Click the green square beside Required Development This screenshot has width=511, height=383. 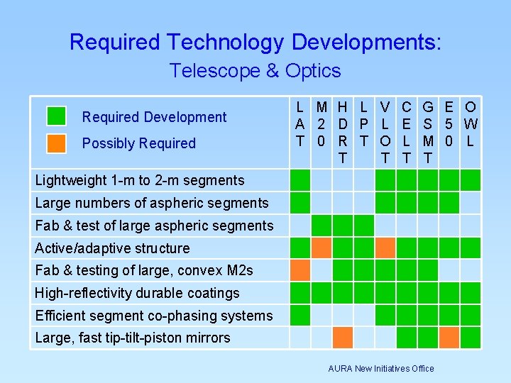tap(56, 116)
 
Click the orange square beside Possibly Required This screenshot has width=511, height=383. tap(56, 143)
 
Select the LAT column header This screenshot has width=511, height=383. tap(300, 124)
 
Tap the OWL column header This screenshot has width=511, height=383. tap(470, 124)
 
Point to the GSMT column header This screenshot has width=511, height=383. tap(428, 132)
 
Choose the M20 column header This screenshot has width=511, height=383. tap(322, 124)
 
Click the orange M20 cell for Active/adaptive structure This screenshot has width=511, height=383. tap(322, 248)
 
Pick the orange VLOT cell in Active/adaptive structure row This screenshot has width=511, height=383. tap(385, 248)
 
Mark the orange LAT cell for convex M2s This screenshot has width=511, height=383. tap(300, 270)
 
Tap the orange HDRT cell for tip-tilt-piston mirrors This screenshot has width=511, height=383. tap(343, 338)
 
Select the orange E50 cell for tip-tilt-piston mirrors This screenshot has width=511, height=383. tap(449, 338)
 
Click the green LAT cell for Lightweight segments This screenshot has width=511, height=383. tap(300, 180)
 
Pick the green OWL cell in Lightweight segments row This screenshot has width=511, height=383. tap(470, 180)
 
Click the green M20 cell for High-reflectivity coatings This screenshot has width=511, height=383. tap(322, 293)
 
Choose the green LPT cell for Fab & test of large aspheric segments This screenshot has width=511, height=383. tap(363, 226)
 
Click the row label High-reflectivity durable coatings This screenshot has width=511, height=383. tap(137, 293)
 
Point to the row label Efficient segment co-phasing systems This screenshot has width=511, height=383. tap(153, 316)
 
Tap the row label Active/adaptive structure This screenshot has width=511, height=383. tap(112, 248)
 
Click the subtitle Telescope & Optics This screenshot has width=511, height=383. tap(255, 71)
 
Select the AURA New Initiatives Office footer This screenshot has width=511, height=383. tap(381, 368)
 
